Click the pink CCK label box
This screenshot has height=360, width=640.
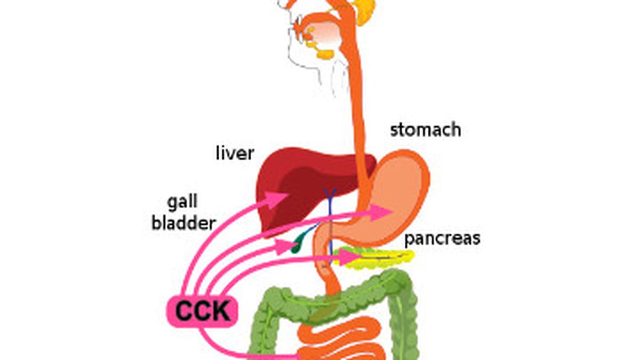coord(202,311)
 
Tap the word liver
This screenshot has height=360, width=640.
coord(235,154)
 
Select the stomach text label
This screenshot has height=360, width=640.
coord(425,130)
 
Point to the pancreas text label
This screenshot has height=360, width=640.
coord(442,238)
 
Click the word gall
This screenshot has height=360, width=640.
coord(182,202)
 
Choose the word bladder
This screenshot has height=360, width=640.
coord(183,223)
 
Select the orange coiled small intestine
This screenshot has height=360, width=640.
coord(341,341)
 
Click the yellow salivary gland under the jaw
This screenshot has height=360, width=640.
coord(324,53)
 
